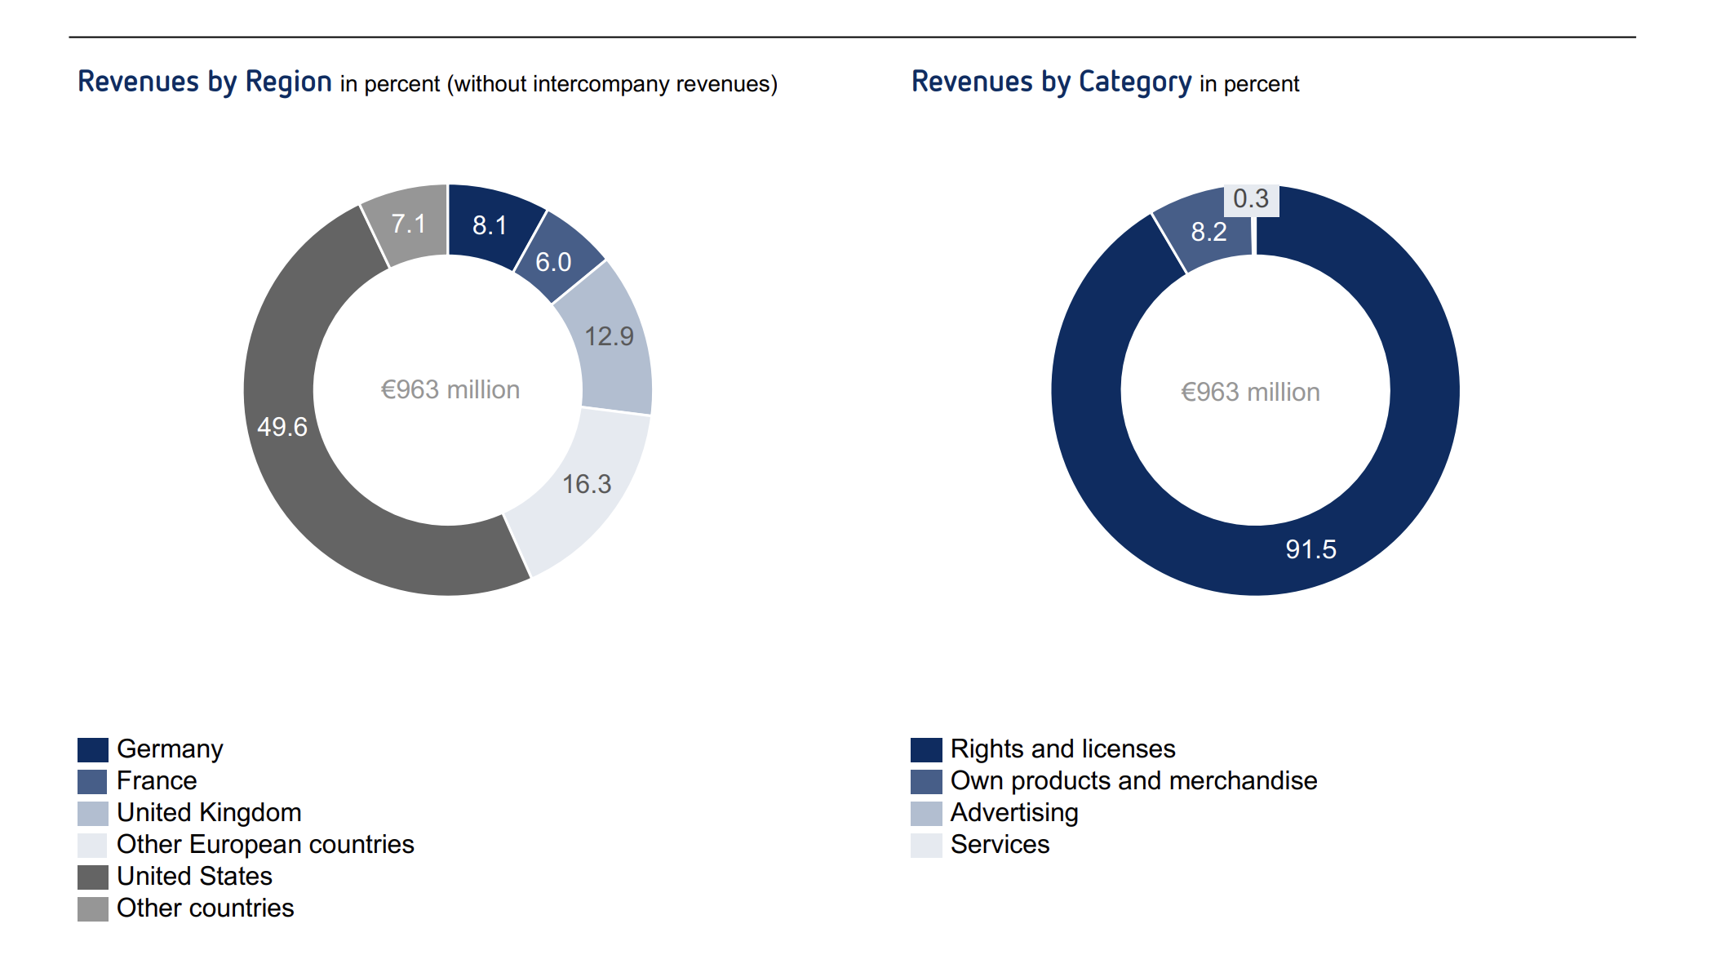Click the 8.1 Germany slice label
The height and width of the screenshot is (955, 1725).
click(x=490, y=225)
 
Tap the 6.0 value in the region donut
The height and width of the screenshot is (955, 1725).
click(x=553, y=262)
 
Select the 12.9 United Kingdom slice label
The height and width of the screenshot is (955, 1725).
click(x=609, y=336)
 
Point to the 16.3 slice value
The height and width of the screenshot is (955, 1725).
click(x=587, y=484)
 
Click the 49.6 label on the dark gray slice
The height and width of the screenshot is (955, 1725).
click(x=282, y=427)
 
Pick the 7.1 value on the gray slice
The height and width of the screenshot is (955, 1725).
click(x=409, y=224)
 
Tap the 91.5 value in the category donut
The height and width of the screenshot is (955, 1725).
click(x=1310, y=549)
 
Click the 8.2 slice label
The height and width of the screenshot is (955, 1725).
click(x=1208, y=232)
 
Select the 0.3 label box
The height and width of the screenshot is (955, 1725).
click(x=1251, y=199)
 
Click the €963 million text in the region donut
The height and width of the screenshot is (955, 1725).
click(x=450, y=390)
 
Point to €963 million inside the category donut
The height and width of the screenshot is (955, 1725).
click(x=1250, y=393)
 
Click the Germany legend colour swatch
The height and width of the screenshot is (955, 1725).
click(x=93, y=749)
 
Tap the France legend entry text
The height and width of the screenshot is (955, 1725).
click(x=157, y=781)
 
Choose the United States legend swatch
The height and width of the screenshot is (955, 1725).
click(x=93, y=877)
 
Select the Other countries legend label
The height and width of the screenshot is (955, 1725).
click(x=205, y=908)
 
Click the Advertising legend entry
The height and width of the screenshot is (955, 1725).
click(x=1014, y=813)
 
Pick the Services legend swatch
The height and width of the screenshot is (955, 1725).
click(x=926, y=845)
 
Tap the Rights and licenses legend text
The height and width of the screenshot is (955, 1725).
click(x=1062, y=749)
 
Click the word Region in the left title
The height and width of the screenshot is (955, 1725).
click(x=288, y=82)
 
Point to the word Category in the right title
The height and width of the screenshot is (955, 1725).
click(x=1135, y=82)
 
